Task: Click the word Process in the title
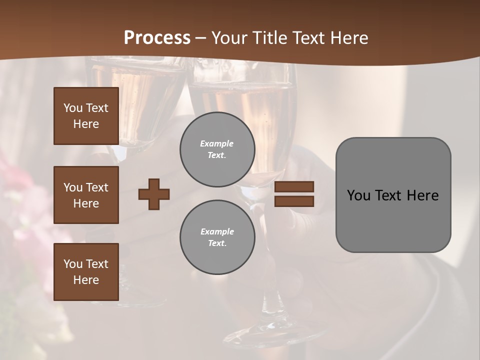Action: click(157, 38)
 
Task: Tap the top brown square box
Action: click(86, 116)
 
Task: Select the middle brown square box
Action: click(86, 195)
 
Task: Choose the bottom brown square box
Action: click(86, 272)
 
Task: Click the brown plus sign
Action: click(154, 194)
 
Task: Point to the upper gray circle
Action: click(217, 149)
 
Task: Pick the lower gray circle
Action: click(217, 237)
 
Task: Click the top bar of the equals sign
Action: click(294, 186)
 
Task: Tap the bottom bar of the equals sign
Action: click(294, 201)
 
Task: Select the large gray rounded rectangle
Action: click(393, 195)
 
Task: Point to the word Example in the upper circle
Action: click(216, 143)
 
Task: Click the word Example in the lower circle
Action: click(217, 231)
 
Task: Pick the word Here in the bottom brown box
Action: click(86, 280)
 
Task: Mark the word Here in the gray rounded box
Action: click(422, 195)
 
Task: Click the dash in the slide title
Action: click(201, 38)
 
